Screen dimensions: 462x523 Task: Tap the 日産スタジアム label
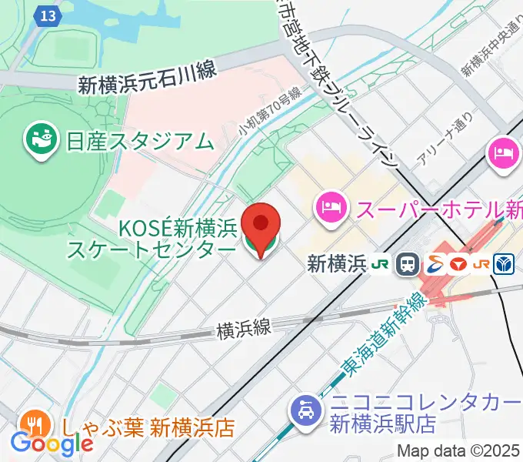click(139, 141)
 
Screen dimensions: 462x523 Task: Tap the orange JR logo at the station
click(481, 264)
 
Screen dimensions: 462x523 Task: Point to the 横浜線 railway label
click(244, 329)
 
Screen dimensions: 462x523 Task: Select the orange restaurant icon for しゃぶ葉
click(32, 424)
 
